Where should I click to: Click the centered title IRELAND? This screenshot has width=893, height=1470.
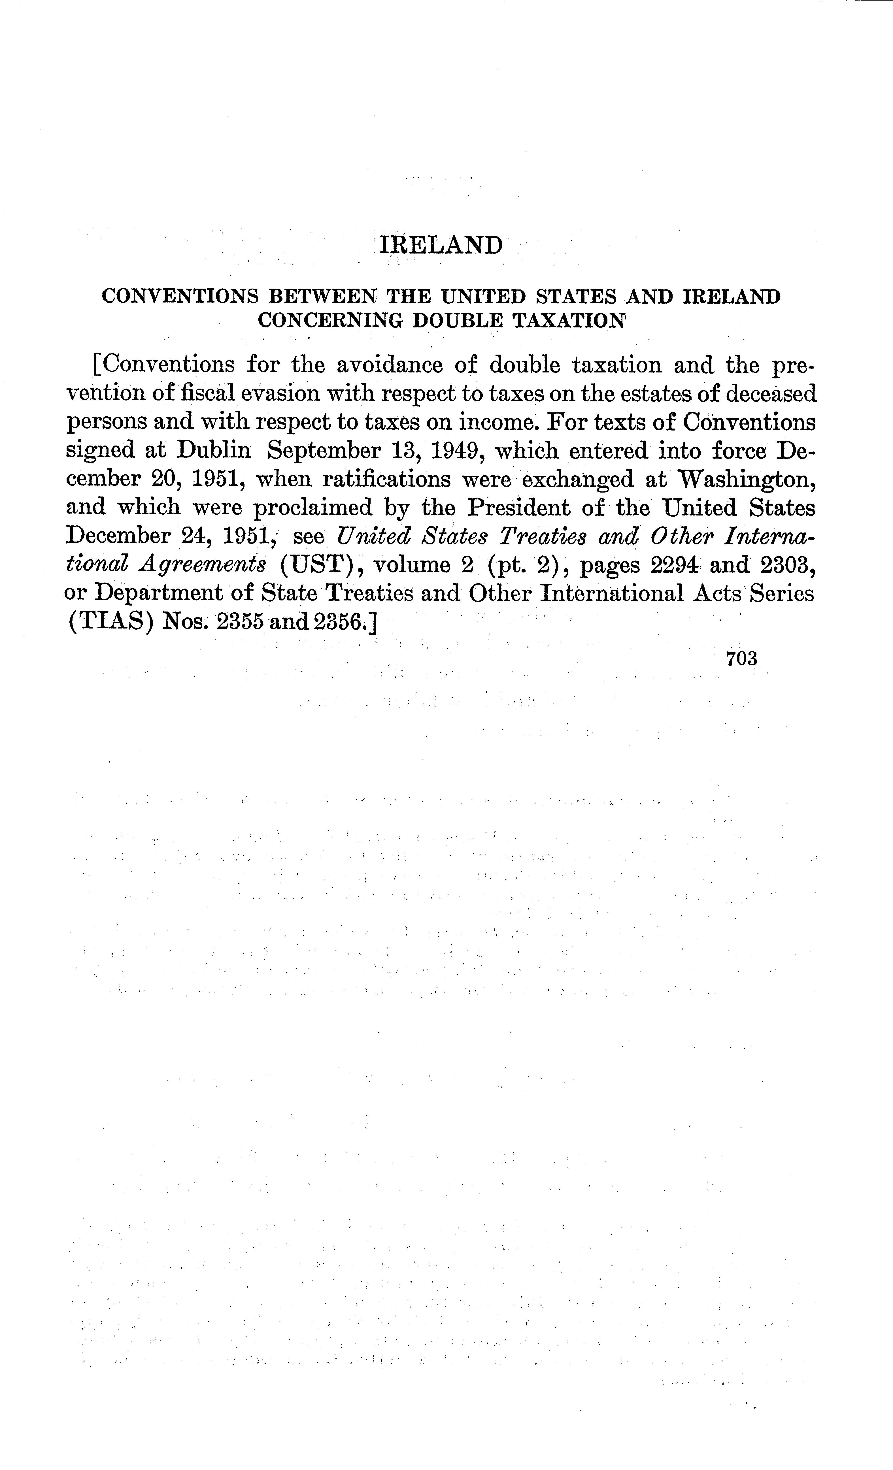[x=441, y=245]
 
